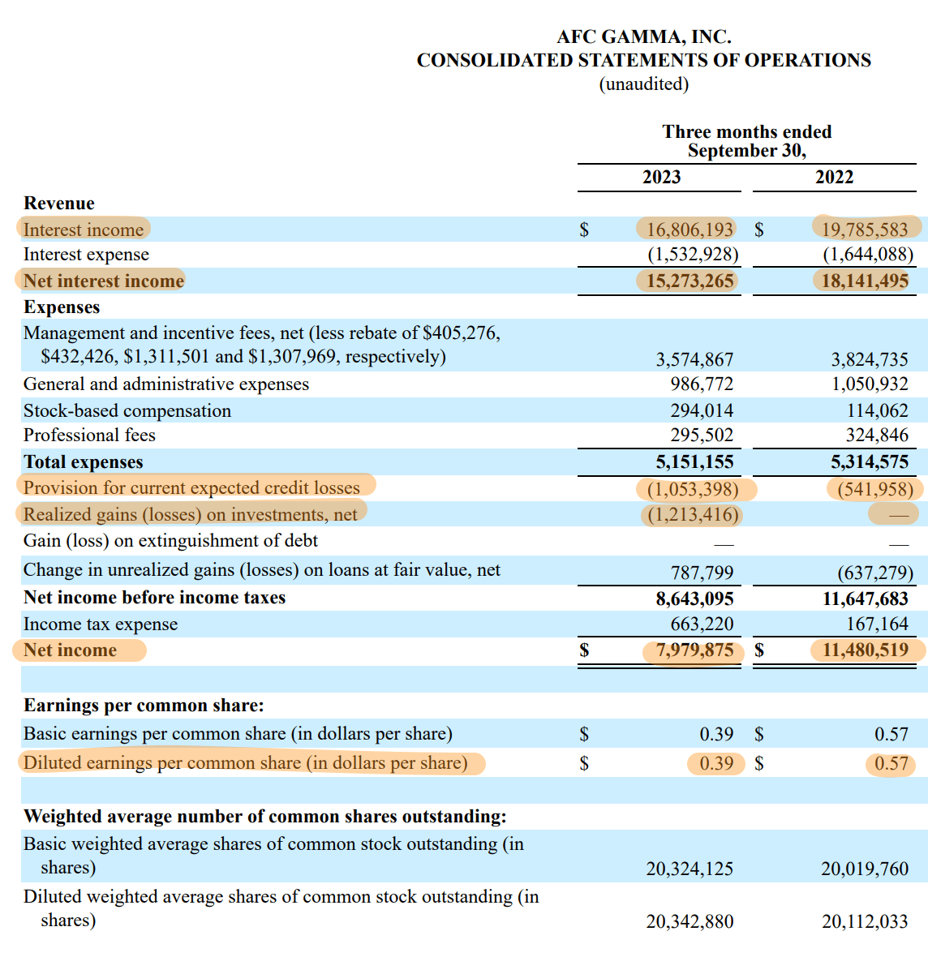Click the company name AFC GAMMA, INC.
tap(643, 37)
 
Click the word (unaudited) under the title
tap(643, 84)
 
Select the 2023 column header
tap(661, 178)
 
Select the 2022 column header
tap(834, 178)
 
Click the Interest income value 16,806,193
tap(690, 230)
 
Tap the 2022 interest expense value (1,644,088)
tap(867, 255)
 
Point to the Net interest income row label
tap(104, 281)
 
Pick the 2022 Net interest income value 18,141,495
tap(864, 281)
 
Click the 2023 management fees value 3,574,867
tap(694, 359)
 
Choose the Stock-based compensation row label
tap(127, 411)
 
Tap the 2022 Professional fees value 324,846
tap(876, 436)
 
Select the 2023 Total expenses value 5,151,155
tap(694, 462)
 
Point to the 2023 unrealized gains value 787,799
tap(702, 573)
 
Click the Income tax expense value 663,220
tap(702, 624)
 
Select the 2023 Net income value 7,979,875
tap(694, 650)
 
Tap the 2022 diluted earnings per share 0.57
tap(891, 764)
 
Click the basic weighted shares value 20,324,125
tap(690, 869)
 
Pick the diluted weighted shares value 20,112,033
tap(864, 922)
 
